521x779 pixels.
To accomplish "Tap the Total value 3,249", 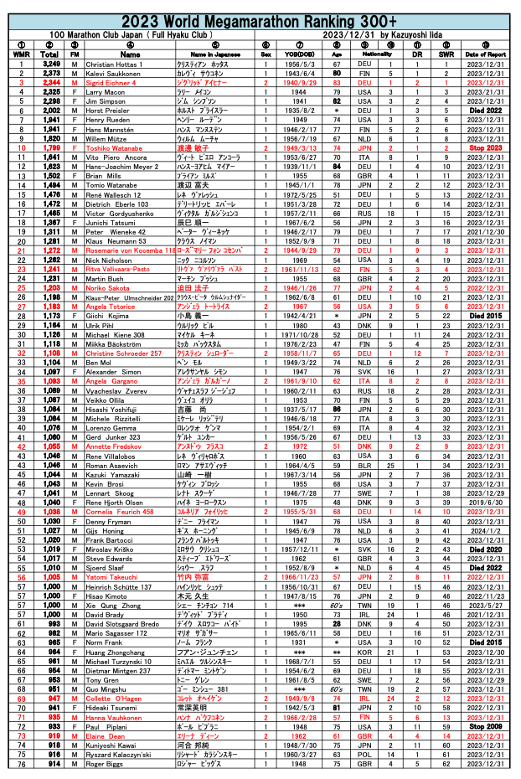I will pyautogui.click(x=50, y=64).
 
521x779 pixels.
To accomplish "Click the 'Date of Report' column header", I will pyautogui.click(x=486, y=54).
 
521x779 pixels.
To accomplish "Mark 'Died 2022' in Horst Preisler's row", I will pyautogui.click(x=486, y=111).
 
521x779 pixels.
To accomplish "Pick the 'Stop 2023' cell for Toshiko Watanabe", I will pyautogui.click(x=486, y=147).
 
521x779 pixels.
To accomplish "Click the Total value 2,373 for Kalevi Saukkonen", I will pyautogui.click(x=50, y=74).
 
